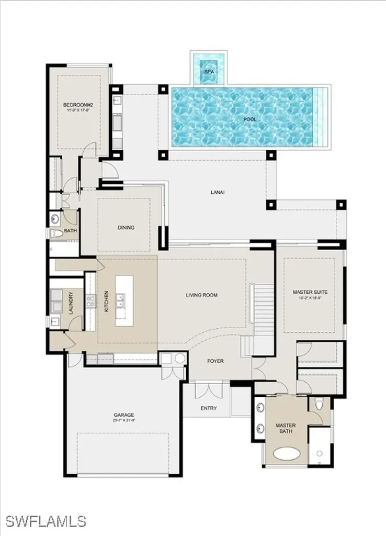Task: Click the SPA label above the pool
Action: pos(209,71)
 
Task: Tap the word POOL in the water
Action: pos(249,119)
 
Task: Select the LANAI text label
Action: pos(217,192)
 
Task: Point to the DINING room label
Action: pos(126,227)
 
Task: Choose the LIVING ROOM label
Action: pos(201,295)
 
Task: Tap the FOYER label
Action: pos(215,361)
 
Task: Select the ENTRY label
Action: pos(208,408)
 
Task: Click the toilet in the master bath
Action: pos(320,404)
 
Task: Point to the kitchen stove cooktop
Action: pos(90,300)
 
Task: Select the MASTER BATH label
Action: pos(286,429)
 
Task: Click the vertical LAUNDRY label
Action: pos(71,303)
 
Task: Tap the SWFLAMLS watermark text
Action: pos(46,521)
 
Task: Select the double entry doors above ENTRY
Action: pos(208,390)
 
